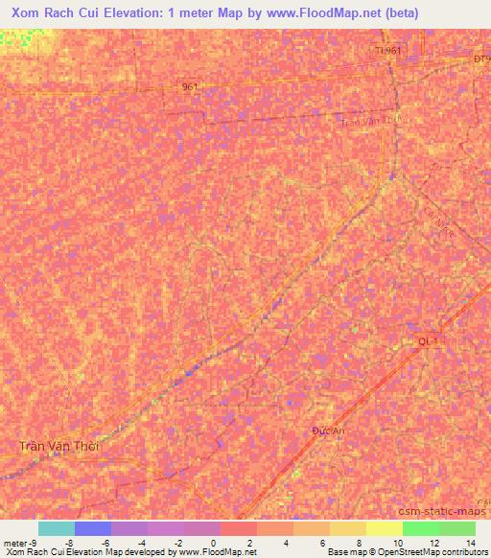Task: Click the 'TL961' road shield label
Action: click(387, 50)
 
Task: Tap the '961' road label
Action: click(189, 87)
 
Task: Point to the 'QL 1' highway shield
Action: click(429, 341)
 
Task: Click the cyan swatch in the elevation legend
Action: click(57, 528)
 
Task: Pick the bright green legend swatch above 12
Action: click(420, 528)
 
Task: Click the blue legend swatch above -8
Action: click(93, 528)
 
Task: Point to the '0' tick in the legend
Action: click(212, 542)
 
